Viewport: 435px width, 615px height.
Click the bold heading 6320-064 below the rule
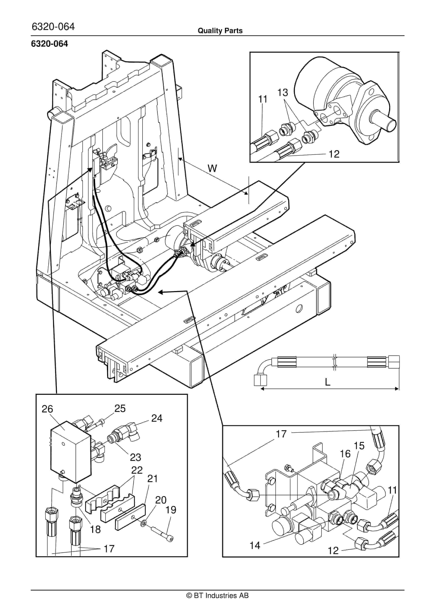click(50, 44)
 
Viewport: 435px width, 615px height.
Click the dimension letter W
click(212, 169)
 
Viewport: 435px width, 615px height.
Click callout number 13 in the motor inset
click(282, 93)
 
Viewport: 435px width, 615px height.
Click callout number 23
click(135, 457)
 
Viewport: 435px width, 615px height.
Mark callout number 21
click(152, 479)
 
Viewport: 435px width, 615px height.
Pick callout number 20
click(161, 500)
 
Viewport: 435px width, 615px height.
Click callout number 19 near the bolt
click(171, 510)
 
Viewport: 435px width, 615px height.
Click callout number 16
click(345, 454)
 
